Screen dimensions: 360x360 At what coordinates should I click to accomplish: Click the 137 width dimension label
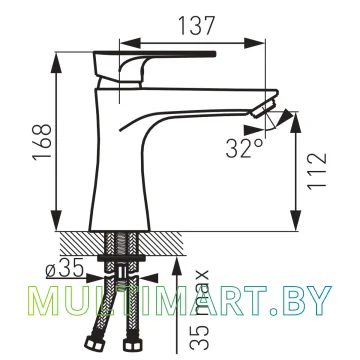(x=196, y=25)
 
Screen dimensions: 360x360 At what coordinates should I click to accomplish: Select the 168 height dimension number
(x=42, y=141)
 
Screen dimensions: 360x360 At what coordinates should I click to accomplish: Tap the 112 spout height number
(x=317, y=172)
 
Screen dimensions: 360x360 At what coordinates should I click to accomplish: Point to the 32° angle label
(x=244, y=148)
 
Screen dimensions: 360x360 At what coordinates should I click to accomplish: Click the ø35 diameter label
(x=64, y=269)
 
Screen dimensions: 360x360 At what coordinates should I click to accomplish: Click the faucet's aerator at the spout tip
(x=265, y=107)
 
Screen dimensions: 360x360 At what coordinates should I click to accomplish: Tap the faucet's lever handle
(x=154, y=68)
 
